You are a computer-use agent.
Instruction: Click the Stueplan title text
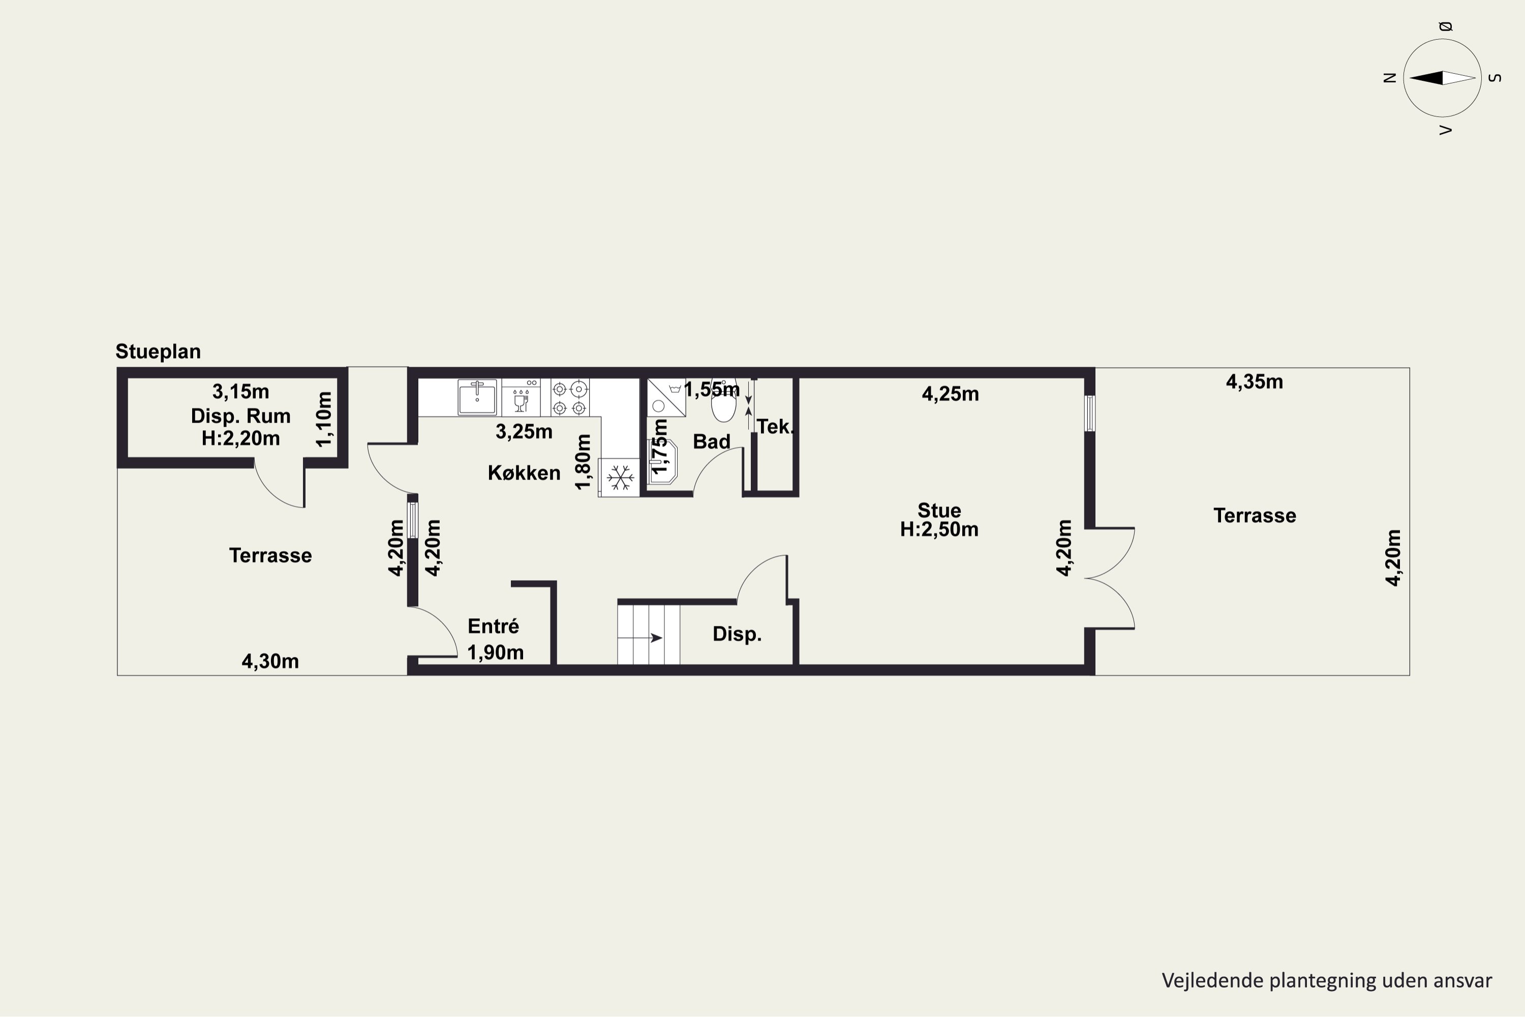(158, 351)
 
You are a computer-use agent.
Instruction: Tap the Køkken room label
(524, 473)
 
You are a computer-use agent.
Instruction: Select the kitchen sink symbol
(477, 397)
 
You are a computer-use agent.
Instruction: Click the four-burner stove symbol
(570, 398)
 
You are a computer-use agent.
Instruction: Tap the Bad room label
(711, 442)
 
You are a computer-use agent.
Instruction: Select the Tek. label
(775, 427)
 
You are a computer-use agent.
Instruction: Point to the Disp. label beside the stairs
(737, 634)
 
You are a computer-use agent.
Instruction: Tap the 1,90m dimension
(495, 652)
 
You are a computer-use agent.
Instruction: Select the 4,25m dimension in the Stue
(951, 394)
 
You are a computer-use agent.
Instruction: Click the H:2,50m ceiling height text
(939, 529)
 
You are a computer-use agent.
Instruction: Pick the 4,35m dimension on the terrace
(1254, 381)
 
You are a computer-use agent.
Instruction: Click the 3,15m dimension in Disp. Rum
(240, 391)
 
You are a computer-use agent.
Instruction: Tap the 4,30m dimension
(270, 661)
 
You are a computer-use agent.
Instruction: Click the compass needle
(1442, 78)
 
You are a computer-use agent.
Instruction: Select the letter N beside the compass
(1389, 78)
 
